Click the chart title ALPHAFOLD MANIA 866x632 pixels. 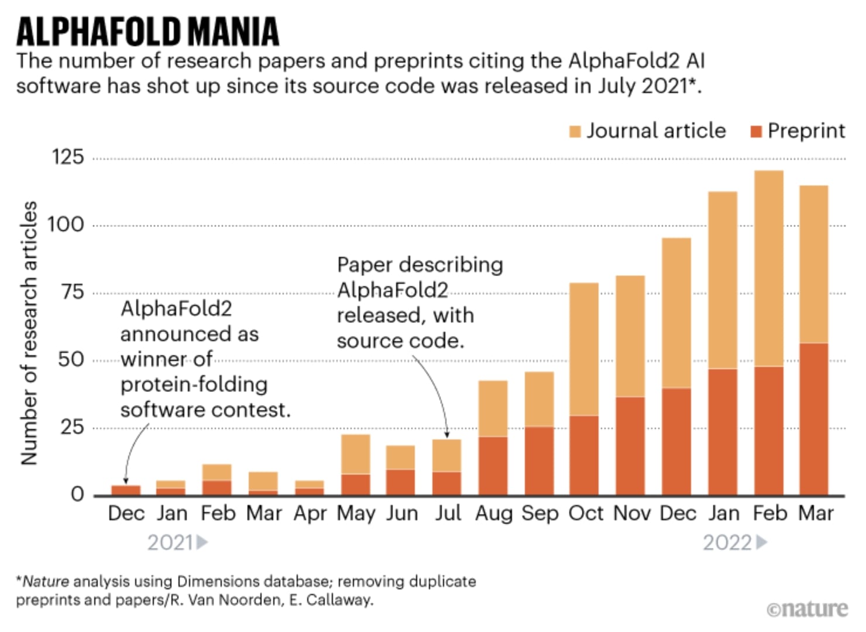coord(147,32)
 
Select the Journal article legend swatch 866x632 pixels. coord(575,132)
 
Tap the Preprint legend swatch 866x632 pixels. coord(756,132)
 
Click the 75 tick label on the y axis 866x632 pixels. coord(73,292)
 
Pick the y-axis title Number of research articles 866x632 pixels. coord(29,333)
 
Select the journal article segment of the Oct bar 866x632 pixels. coord(584,349)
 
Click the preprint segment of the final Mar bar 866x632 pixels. coord(814,419)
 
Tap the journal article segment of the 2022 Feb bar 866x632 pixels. coord(769,269)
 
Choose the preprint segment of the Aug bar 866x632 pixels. coord(493,466)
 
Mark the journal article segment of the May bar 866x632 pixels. coord(355,454)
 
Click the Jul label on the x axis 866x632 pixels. coord(448,514)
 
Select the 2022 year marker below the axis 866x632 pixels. coord(734,542)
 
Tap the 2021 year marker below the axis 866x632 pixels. coord(177,542)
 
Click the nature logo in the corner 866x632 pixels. coord(807,609)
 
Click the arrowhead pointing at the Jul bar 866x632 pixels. coord(447,434)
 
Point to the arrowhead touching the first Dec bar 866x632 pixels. coord(125,481)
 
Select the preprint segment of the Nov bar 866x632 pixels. coord(630,446)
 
